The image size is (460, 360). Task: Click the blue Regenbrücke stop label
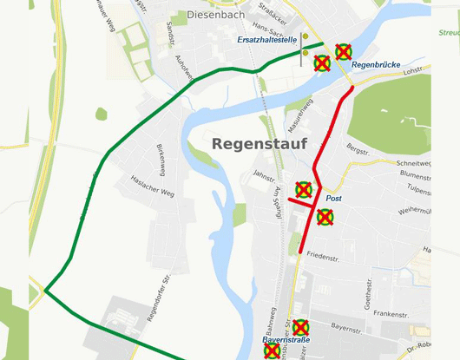click(375, 65)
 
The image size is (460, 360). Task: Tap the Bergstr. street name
click(358, 149)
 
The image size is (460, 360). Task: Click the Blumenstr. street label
click(416, 174)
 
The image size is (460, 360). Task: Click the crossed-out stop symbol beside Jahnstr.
click(304, 189)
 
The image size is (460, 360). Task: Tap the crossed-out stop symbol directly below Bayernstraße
click(273, 352)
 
